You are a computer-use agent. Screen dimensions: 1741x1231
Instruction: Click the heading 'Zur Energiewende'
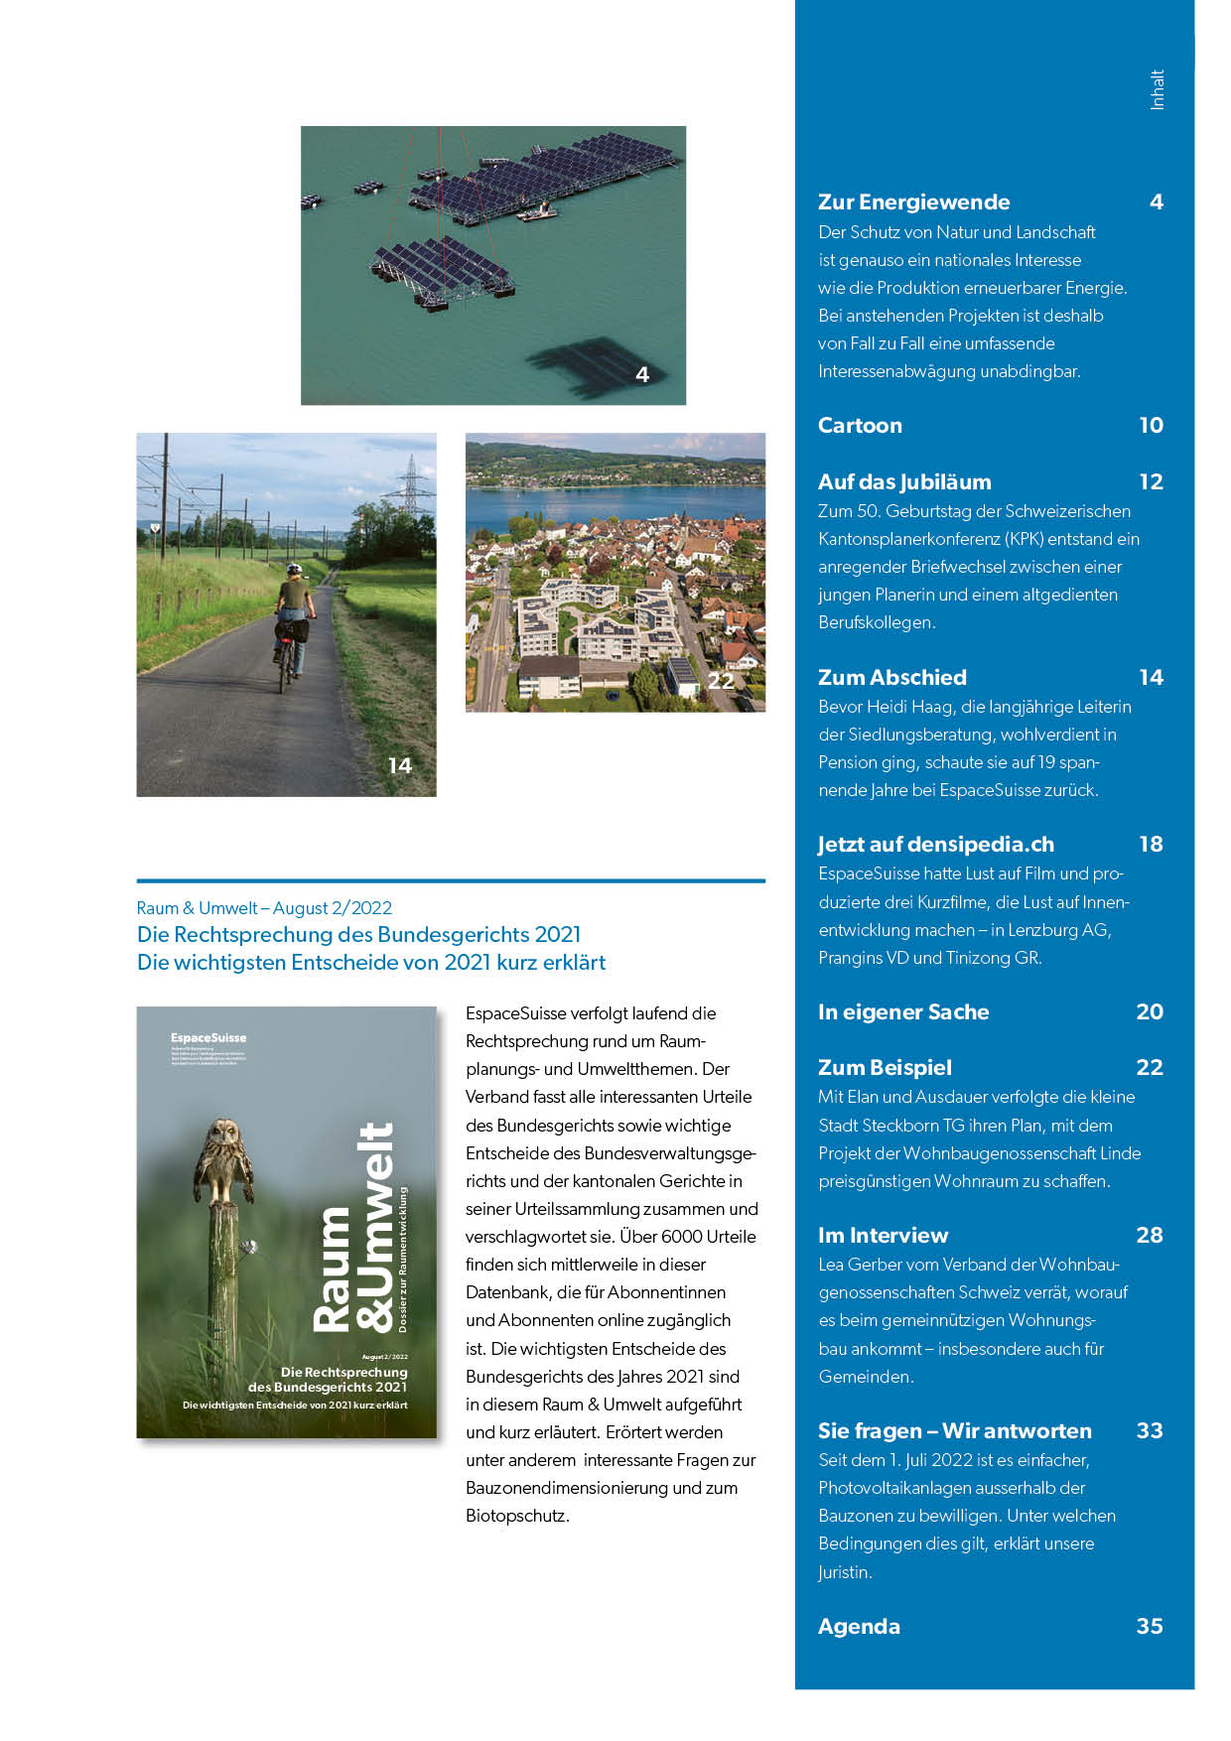pos(913,202)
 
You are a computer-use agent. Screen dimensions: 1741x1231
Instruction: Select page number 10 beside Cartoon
pos(1151,426)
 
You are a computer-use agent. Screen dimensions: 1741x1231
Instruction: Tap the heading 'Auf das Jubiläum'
pos(904,482)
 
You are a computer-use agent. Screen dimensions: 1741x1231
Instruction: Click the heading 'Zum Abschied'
pos(891,678)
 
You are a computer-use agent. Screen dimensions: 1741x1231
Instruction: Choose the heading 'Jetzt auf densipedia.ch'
pos(935,845)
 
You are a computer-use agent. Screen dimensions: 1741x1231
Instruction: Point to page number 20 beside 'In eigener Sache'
pos(1150,1012)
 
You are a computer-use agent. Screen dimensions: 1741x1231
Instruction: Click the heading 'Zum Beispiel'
pos(885,1068)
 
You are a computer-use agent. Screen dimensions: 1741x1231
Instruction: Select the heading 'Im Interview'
pos(883,1236)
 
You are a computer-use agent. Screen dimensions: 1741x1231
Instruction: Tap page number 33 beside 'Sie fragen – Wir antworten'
pos(1150,1431)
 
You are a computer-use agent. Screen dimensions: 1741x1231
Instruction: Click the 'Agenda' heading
pos(859,1627)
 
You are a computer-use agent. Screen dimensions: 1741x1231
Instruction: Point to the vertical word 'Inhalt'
pos(1158,89)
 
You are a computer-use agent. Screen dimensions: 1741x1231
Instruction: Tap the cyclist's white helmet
pos(294,571)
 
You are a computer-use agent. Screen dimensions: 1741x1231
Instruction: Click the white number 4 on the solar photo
pos(642,375)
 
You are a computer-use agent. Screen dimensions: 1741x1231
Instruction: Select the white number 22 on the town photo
pos(721,681)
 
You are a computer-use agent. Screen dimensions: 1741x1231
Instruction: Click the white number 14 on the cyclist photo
pos(400,766)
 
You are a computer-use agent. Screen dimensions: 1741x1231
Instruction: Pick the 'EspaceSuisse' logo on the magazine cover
pos(208,1038)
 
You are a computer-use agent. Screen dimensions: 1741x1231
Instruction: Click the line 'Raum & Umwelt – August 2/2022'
pos(264,908)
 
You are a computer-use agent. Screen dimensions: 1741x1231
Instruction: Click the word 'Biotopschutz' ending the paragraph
pos(516,1517)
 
